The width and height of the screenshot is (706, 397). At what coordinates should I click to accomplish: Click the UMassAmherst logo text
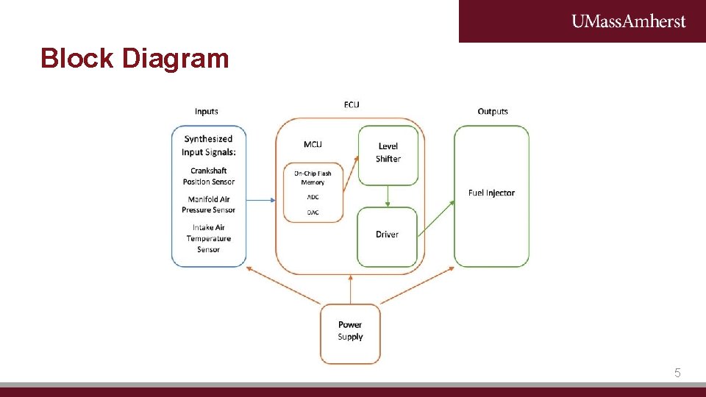(x=628, y=21)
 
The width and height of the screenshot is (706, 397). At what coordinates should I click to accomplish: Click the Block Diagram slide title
(x=135, y=58)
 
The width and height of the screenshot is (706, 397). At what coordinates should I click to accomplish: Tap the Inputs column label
(x=207, y=112)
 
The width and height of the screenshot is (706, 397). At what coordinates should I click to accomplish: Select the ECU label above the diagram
(x=352, y=104)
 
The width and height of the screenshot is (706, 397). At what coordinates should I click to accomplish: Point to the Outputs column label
(x=493, y=112)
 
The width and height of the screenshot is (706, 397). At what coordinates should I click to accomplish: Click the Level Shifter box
(x=388, y=154)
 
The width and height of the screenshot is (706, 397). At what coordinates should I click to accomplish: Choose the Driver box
(x=387, y=235)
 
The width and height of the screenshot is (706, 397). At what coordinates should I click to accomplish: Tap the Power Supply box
(x=350, y=332)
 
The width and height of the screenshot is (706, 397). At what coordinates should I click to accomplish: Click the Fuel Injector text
(x=491, y=193)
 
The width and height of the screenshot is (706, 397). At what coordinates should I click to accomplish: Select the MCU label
(x=313, y=144)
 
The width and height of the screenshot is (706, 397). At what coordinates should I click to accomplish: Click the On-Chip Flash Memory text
(x=313, y=178)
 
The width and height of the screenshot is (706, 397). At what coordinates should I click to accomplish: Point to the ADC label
(x=313, y=197)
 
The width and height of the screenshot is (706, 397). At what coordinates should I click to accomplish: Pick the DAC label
(x=313, y=212)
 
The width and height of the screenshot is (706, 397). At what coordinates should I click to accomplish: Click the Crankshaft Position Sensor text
(x=209, y=176)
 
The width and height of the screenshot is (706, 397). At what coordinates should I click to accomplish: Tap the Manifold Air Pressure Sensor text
(x=209, y=204)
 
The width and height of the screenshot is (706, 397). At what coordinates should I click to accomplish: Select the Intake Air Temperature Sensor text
(x=209, y=238)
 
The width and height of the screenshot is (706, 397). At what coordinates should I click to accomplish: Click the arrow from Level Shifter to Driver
(x=388, y=196)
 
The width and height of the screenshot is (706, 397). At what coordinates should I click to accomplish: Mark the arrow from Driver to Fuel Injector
(x=436, y=218)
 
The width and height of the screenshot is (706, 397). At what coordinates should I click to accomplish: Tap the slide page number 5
(x=677, y=373)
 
